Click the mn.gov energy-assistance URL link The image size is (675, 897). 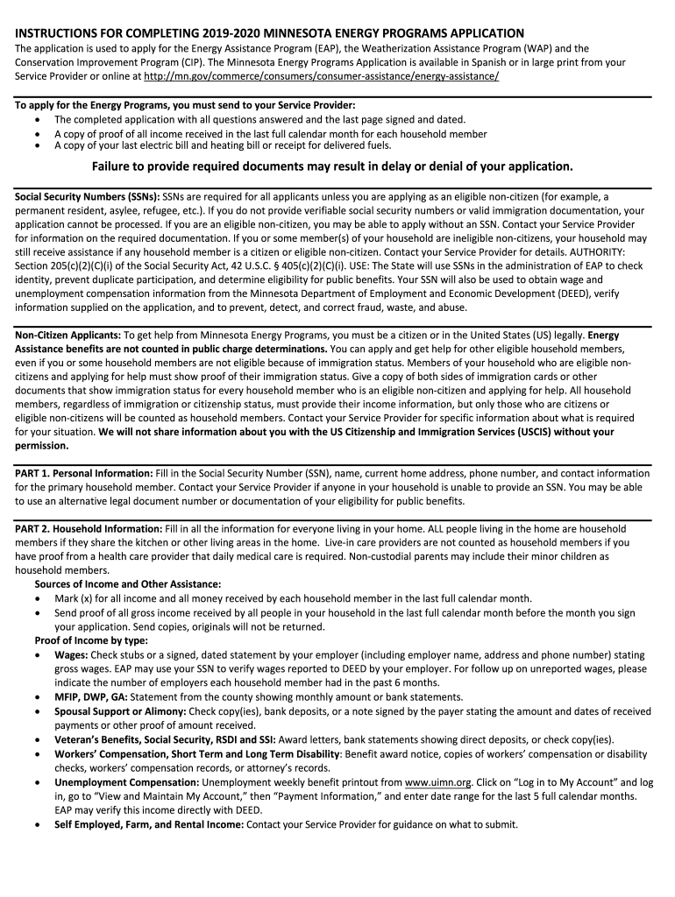pyautogui.click(x=321, y=76)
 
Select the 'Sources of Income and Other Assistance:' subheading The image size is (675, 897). pyautogui.click(x=128, y=584)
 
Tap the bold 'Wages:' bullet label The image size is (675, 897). pyautogui.click(x=70, y=654)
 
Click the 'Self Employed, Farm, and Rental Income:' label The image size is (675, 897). pyautogui.click(x=149, y=824)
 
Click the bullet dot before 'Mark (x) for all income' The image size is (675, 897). pyautogui.click(x=38, y=598)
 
